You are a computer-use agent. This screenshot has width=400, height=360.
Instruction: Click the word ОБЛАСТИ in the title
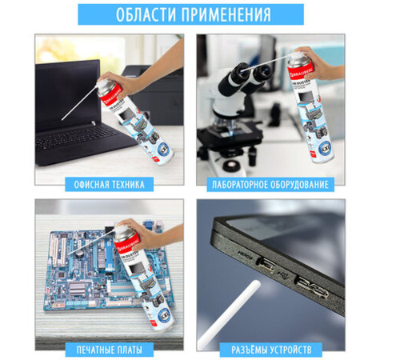coord(148,14)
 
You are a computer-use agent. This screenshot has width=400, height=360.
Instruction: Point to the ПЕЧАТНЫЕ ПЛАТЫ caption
coord(110,350)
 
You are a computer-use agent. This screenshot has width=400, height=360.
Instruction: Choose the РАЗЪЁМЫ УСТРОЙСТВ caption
coord(270,350)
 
